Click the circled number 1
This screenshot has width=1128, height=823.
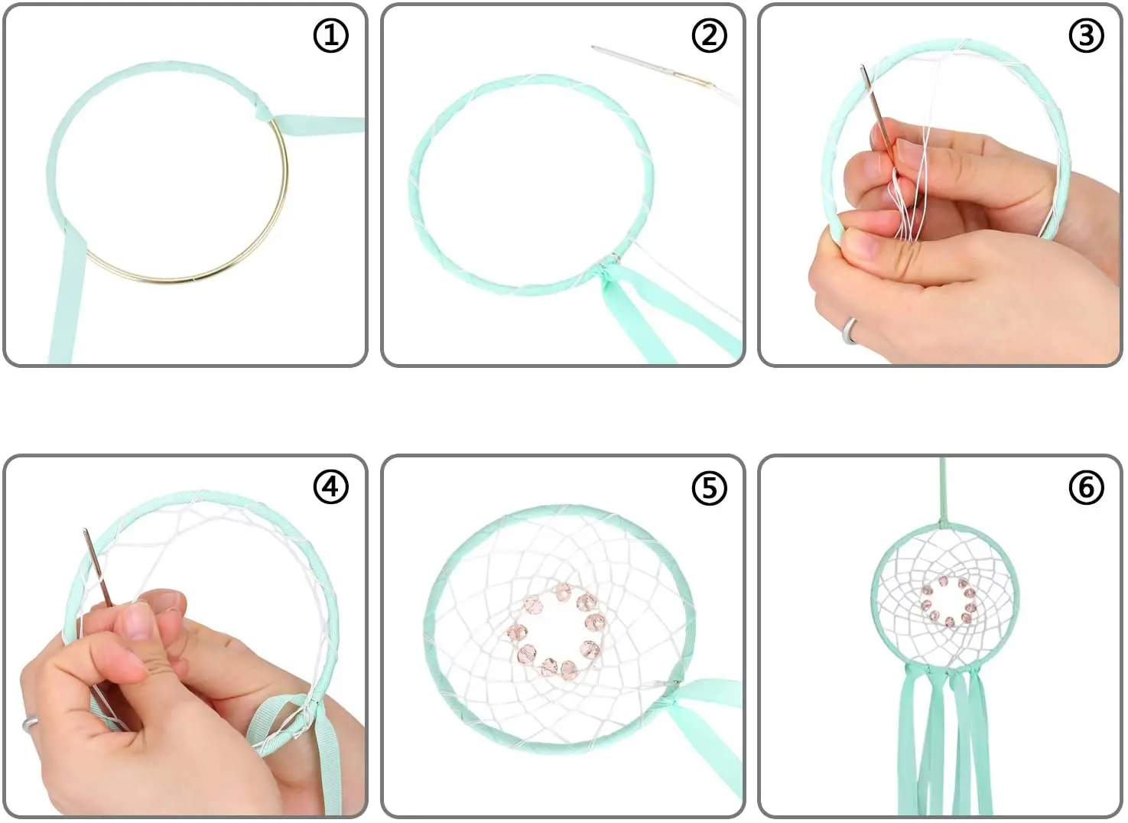pyautogui.click(x=331, y=36)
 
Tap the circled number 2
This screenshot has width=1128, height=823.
pyautogui.click(x=709, y=36)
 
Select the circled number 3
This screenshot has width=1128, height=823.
pyautogui.click(x=1086, y=36)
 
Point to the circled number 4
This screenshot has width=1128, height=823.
pyautogui.click(x=331, y=487)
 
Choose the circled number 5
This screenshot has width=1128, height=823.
pyautogui.click(x=709, y=487)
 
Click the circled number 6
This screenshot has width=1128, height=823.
pyautogui.click(x=1086, y=487)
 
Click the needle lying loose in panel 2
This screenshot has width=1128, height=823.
pyautogui.click(x=652, y=66)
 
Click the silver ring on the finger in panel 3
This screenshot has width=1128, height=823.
pyautogui.click(x=850, y=331)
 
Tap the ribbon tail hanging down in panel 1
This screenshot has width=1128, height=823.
pyautogui.click(x=68, y=298)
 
